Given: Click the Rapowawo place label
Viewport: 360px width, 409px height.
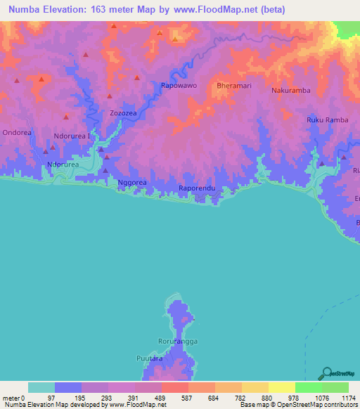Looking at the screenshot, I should point(179,85).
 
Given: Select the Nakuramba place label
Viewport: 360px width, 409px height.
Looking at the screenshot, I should point(290,91).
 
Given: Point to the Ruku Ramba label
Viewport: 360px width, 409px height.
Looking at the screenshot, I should point(327,120).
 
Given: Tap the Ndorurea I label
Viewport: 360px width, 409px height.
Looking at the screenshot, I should point(72,137).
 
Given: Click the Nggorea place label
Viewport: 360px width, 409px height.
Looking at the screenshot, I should point(131,182).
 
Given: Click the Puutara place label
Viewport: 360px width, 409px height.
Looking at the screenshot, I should point(149,358).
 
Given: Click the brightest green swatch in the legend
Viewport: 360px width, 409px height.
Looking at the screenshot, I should point(335,387).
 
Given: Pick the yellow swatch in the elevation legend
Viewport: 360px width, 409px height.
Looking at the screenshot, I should point(281,387).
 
